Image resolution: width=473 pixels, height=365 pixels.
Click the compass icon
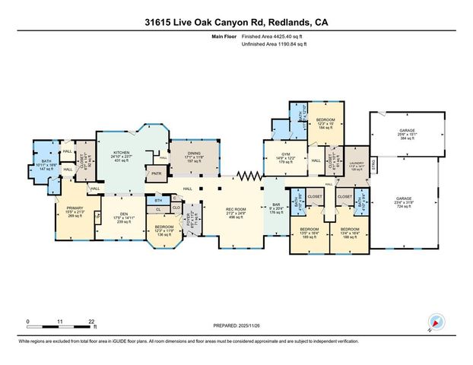[x=435, y=322]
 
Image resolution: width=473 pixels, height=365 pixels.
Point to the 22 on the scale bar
[x=92, y=322]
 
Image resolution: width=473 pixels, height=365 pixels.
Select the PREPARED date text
[x=235, y=325]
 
